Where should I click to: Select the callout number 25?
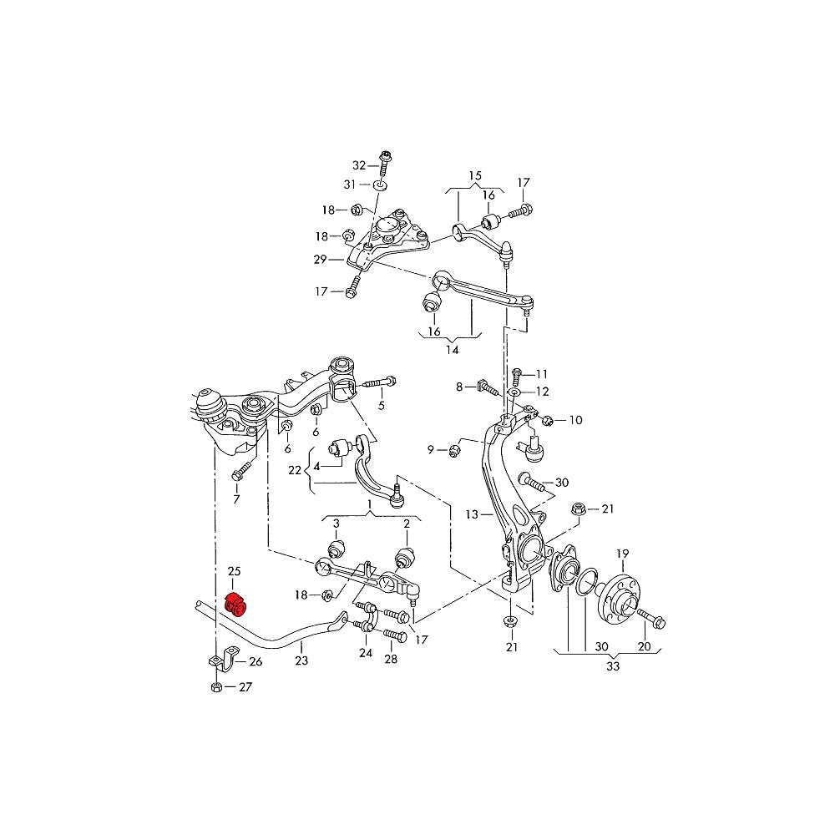point(234,571)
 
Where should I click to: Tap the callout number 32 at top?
point(359,164)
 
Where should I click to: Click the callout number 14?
point(452,350)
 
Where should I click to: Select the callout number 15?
point(475,175)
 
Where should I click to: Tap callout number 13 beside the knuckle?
point(472,514)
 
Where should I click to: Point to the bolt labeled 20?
point(650,618)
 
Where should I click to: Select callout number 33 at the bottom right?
point(612,667)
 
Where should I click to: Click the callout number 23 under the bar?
point(301,660)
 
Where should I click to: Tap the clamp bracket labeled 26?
point(216,662)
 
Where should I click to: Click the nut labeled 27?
point(215,687)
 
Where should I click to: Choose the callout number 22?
point(295,471)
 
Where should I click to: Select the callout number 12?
point(543,391)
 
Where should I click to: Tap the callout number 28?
point(391,660)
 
